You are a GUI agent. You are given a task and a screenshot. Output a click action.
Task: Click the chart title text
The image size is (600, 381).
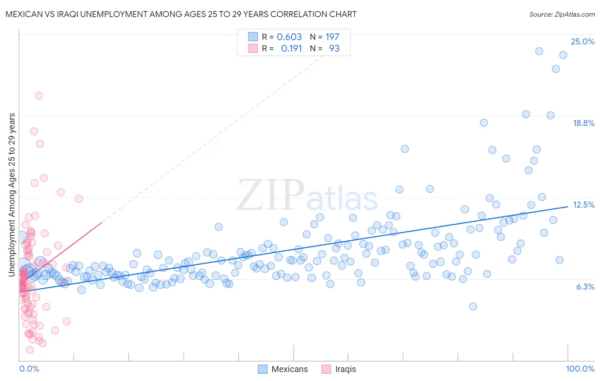pos(181,14)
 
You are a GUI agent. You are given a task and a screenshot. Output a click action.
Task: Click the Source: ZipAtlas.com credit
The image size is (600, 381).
pos(562,14)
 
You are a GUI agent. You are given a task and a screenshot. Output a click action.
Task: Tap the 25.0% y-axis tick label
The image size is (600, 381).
pos(583,41)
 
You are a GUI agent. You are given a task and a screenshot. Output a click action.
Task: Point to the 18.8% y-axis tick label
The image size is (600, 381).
pos(583,123)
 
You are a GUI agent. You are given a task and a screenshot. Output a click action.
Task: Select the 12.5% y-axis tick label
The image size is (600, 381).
pos(583,205)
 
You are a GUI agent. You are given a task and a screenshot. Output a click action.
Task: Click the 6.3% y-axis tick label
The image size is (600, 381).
pos(585,287)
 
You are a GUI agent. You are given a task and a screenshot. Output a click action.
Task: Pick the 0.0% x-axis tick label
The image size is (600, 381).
pos(29,369)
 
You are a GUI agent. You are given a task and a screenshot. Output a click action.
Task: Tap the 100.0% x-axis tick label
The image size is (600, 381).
pos(580,369)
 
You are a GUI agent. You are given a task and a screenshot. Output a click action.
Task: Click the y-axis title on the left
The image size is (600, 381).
pos(12,194)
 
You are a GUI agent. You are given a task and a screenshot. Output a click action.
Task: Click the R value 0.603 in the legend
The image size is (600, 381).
pos(289,37)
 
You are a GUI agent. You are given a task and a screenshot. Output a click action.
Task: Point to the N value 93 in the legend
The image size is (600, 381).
pos(334,48)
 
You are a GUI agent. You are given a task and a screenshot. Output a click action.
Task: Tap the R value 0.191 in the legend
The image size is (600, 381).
pos(291,48)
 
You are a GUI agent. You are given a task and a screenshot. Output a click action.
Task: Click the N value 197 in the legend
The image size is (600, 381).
pos(332,37)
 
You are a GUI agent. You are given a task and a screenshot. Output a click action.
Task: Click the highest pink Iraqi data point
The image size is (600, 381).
pos(39,96)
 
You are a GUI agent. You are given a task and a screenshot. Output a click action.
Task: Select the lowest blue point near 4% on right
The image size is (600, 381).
pos(473,306)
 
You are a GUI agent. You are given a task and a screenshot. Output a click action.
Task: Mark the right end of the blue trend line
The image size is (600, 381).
pos(568,206)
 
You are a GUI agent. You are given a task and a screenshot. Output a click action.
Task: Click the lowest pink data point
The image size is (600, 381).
pos(30,349)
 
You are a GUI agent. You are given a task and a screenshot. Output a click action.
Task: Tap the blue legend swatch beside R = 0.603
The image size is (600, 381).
pos(253,37)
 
